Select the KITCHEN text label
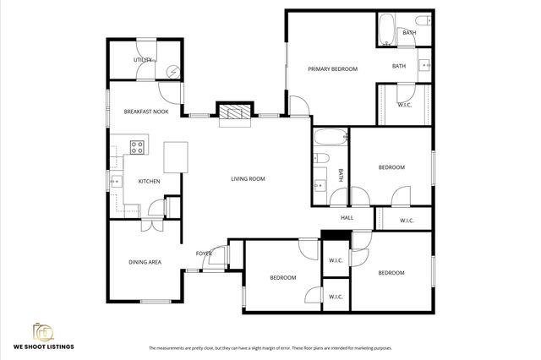149,181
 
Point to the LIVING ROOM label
249,178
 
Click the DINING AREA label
145,262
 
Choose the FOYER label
204,254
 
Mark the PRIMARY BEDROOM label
332,68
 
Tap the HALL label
347,218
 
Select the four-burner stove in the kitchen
137,148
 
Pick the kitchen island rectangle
176,156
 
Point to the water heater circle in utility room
172,73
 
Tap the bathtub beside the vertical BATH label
330,138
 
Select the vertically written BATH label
342,176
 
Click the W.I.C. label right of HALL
406,221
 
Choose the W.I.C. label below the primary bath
405,104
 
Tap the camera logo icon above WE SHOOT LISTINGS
42,330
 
